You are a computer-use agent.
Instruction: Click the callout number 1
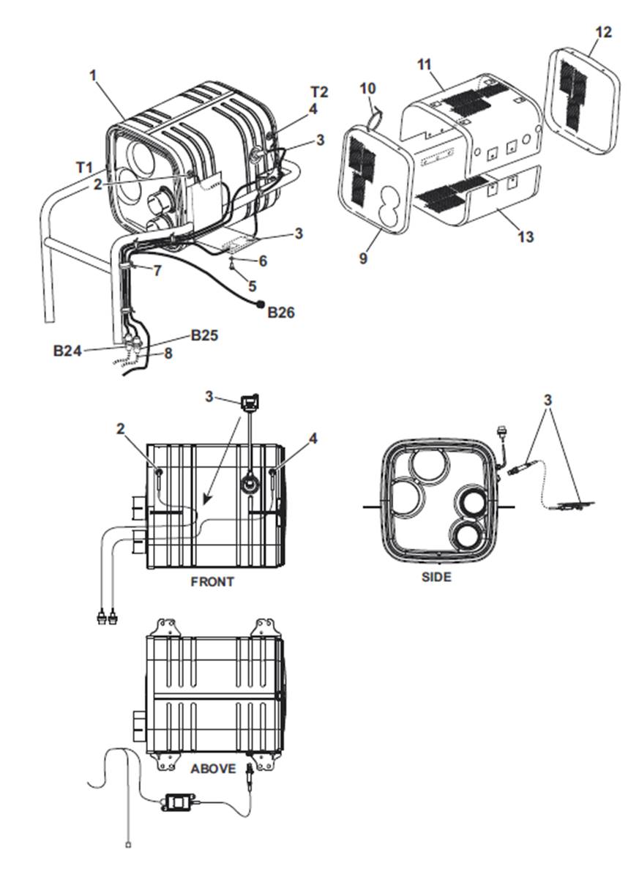point(94,75)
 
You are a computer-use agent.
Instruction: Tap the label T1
point(84,167)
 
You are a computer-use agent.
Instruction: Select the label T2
point(319,92)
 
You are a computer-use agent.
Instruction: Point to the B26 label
point(280,312)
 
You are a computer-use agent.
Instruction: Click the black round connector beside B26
point(261,305)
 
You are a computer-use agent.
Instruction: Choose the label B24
point(67,351)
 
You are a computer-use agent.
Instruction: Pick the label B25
point(205,335)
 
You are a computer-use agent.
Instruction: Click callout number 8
point(168,354)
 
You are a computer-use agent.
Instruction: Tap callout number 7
point(157,271)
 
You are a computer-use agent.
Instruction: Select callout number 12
point(604,32)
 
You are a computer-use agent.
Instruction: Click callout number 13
point(526,236)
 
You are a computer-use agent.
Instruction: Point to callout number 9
point(363,258)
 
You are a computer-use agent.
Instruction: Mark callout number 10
point(367,89)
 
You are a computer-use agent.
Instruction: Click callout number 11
point(425,65)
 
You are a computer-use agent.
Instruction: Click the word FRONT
point(212,582)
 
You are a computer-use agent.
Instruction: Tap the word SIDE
point(436,577)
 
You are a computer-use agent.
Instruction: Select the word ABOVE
point(213,769)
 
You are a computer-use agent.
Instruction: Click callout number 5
point(252,286)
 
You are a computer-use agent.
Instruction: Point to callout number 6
point(263,261)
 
